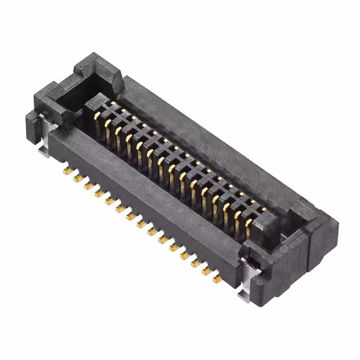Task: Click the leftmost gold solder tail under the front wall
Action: pyautogui.click(x=66, y=170)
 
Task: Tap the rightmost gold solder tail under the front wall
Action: pyautogui.click(x=217, y=279)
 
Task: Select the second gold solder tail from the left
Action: pyautogui.click(x=77, y=178)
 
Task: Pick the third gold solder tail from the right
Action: pyautogui.click(x=195, y=263)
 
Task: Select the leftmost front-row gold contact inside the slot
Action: pyautogui.click(x=97, y=118)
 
